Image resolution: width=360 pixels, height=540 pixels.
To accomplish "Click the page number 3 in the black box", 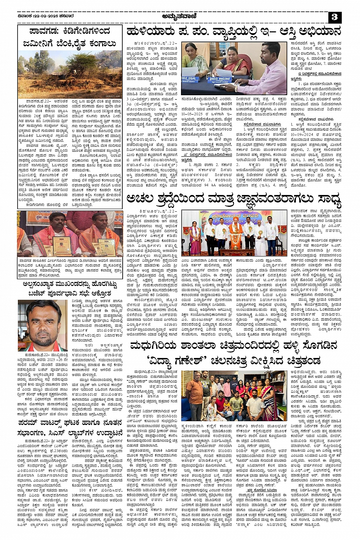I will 334,17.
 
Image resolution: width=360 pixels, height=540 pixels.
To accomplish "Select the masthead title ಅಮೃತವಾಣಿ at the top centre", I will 179,17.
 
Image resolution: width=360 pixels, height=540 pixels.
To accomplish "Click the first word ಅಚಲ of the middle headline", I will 141,199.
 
